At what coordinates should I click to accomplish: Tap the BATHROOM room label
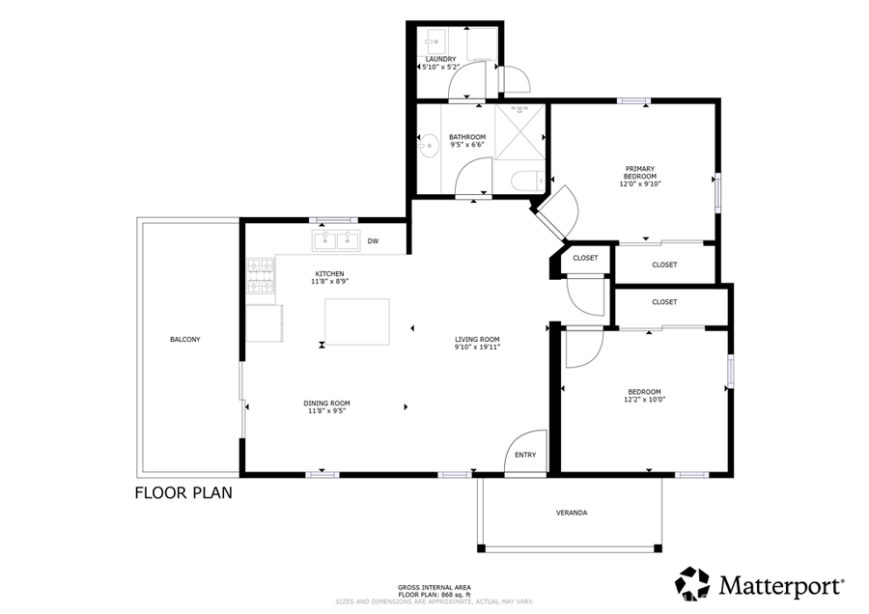pyautogui.click(x=467, y=137)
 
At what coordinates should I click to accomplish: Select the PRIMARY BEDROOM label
pyautogui.click(x=639, y=173)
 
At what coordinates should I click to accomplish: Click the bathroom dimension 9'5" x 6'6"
pyautogui.click(x=467, y=146)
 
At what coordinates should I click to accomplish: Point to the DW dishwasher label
pyautogui.click(x=373, y=241)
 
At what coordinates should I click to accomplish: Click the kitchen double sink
pyautogui.click(x=335, y=240)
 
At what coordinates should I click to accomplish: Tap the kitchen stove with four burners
pyautogui.click(x=261, y=277)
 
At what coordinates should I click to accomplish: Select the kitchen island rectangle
pyautogui.click(x=357, y=321)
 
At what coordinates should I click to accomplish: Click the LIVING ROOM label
pyautogui.click(x=477, y=339)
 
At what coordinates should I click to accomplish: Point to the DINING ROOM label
pyautogui.click(x=327, y=403)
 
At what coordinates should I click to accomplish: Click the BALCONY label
pyautogui.click(x=185, y=339)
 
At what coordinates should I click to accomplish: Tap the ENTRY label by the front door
pyautogui.click(x=525, y=455)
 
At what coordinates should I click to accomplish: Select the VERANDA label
pyautogui.click(x=572, y=512)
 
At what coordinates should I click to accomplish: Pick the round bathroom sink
pyautogui.click(x=430, y=147)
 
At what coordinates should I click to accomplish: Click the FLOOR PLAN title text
pyautogui.click(x=182, y=492)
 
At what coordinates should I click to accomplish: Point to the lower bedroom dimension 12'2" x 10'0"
pyautogui.click(x=644, y=399)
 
